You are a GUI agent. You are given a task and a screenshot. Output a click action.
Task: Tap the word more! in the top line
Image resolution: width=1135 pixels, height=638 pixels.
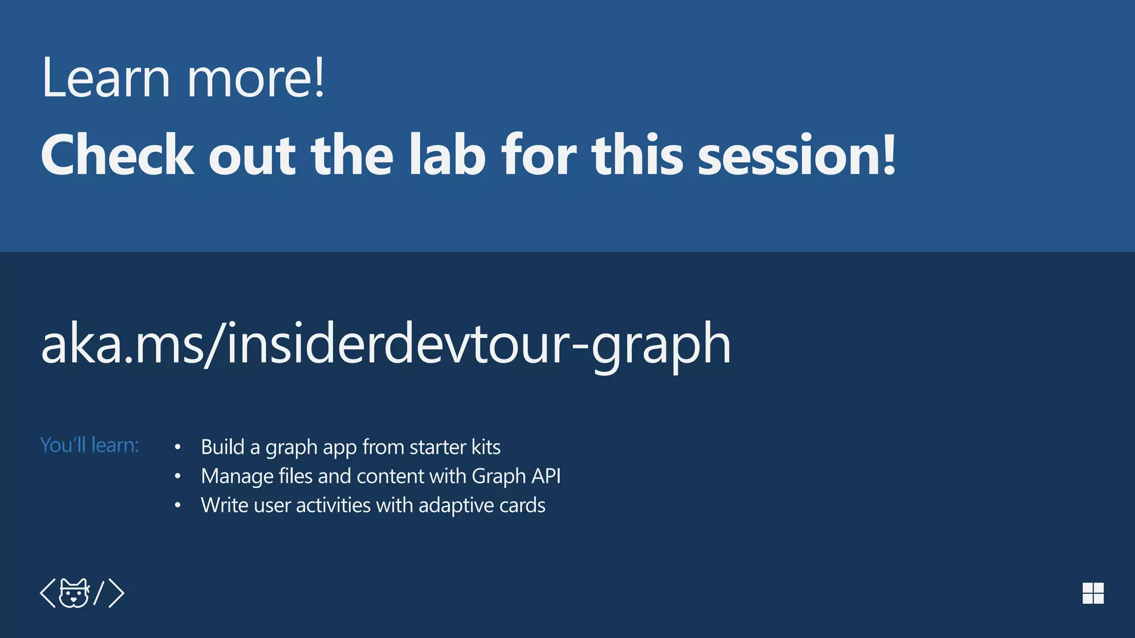[x=256, y=79]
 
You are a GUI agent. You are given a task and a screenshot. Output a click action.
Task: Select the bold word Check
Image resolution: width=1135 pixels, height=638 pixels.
[x=117, y=156]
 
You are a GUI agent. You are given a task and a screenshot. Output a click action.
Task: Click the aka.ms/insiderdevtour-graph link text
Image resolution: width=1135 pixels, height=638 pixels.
[x=386, y=344]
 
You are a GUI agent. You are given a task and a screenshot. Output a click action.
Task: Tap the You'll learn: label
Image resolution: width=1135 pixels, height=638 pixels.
[x=89, y=445]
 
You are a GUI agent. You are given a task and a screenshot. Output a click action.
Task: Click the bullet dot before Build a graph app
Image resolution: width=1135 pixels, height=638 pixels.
[x=177, y=447]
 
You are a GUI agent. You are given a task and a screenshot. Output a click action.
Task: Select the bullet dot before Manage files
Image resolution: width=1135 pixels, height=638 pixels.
[x=177, y=476]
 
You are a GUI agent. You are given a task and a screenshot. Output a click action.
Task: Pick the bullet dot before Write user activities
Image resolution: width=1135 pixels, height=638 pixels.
[x=177, y=506]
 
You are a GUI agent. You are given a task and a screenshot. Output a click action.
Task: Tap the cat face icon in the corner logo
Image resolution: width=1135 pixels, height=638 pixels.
[x=74, y=593]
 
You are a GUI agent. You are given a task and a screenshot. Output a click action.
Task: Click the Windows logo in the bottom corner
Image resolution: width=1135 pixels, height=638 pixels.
[x=1093, y=593]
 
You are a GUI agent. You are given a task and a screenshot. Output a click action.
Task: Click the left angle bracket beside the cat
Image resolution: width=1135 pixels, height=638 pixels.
[x=48, y=593]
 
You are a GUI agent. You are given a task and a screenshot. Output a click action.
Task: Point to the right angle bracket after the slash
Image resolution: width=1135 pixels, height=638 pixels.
[x=116, y=593]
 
